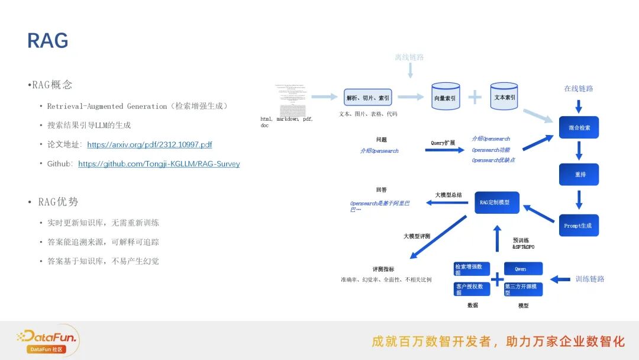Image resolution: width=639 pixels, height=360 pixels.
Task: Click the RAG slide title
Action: click(48, 41)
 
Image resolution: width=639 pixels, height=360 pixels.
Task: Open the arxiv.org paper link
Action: click(149, 144)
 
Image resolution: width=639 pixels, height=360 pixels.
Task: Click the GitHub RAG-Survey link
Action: click(159, 164)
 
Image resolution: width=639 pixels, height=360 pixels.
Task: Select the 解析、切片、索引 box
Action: click(368, 98)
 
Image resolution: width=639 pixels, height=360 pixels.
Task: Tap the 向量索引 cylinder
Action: click(445, 97)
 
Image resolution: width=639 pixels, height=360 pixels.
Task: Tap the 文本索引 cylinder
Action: click(504, 97)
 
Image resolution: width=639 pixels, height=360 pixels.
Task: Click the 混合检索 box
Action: click(579, 127)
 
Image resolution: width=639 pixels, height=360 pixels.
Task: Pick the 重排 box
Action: click(579, 175)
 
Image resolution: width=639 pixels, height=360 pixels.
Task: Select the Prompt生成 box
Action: click(578, 226)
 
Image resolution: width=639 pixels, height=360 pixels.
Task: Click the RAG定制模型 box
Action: click(496, 202)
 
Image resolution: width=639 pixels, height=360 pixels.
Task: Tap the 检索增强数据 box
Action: click(472, 269)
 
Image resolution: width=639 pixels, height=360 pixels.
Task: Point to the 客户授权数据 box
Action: click(472, 289)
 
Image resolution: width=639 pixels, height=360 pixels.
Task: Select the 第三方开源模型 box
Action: click(523, 289)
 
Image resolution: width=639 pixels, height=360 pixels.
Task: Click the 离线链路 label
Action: click(409, 57)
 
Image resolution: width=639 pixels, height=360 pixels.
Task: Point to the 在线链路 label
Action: click(578, 89)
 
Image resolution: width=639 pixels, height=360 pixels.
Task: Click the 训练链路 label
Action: click(590, 279)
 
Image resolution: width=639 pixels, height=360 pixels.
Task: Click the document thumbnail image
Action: click(290, 99)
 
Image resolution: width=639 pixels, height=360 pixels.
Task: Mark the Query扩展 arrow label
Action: click(443, 143)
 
